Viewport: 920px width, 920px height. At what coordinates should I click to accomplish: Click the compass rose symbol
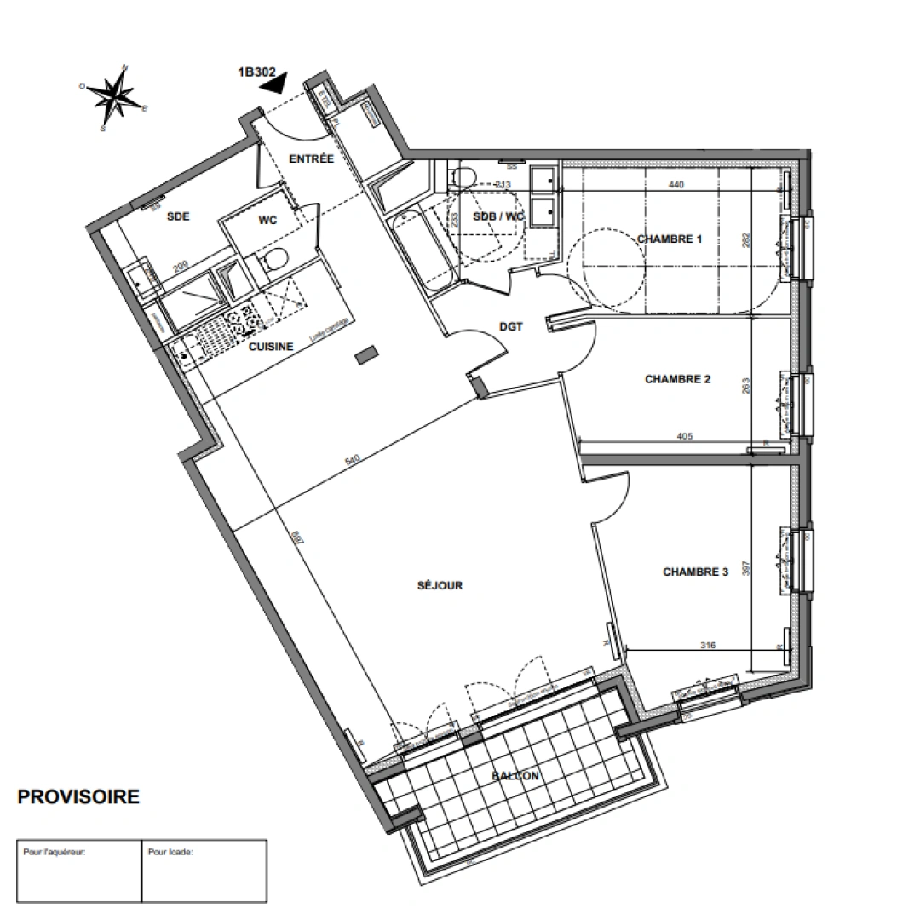(x=113, y=97)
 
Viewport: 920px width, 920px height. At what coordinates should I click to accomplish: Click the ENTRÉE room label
(x=311, y=159)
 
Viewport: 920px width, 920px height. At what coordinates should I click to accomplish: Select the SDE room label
(x=177, y=216)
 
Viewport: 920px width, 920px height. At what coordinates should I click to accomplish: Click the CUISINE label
(x=271, y=346)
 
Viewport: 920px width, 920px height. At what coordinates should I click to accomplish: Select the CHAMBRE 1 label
(x=670, y=239)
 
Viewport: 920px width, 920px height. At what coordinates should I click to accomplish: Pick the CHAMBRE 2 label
(x=677, y=379)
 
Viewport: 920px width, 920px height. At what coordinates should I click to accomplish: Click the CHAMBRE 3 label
(x=695, y=572)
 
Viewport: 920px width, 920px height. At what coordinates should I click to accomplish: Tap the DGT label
(x=510, y=325)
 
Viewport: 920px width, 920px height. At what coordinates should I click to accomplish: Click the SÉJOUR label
(x=440, y=585)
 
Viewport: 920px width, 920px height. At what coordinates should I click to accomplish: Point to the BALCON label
(x=515, y=776)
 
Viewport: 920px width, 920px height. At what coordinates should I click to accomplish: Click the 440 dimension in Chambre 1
(x=676, y=185)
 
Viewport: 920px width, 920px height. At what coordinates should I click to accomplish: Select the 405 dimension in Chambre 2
(x=684, y=436)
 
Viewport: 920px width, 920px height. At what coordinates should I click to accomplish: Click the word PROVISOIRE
(x=78, y=797)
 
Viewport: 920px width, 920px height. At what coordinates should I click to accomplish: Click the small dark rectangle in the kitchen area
(x=366, y=354)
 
